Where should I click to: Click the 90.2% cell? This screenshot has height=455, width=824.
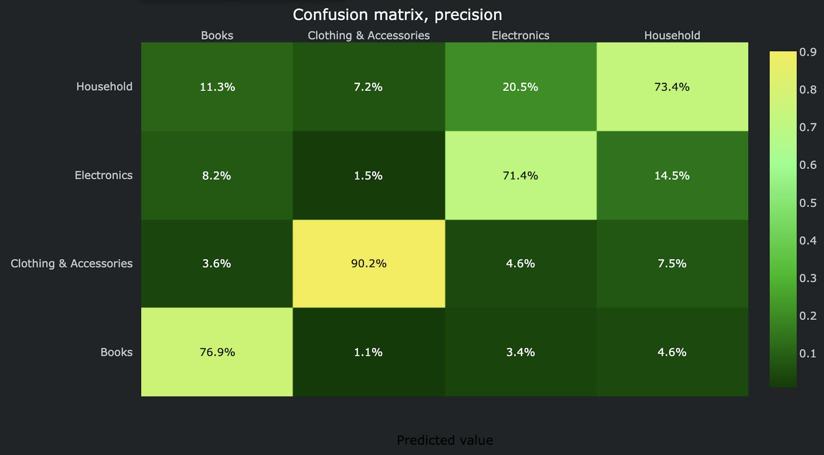pos(369,263)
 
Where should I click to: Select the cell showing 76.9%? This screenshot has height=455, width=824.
pos(217,352)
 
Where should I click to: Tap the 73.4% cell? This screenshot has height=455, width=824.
pos(672,87)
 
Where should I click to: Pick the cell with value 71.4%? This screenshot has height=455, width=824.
pos(520,175)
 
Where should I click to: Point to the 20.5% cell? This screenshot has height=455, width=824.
pos(520,87)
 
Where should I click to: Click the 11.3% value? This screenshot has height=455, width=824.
pos(217,87)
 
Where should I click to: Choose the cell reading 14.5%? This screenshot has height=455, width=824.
pos(672,175)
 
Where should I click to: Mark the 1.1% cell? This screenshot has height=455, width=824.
pos(368,352)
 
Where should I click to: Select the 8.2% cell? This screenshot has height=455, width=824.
pos(217,175)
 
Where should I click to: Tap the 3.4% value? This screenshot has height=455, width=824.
pos(520,352)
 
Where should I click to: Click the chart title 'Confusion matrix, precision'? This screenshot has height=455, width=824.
pos(397,15)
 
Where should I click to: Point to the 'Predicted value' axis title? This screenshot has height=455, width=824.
pos(445,440)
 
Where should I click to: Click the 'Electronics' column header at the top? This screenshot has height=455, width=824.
pos(520,35)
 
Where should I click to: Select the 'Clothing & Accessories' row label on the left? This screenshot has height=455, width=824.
pos(72,263)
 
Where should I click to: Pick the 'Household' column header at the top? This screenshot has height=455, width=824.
pos(672,35)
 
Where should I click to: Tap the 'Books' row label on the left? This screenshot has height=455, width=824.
pos(116,352)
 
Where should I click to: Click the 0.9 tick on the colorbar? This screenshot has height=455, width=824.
pos(808,52)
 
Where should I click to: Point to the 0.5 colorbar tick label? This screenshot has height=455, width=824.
pos(808,203)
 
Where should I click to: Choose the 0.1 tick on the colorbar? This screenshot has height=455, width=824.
pos(808,354)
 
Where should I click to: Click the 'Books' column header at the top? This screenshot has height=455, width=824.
pos(217,35)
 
